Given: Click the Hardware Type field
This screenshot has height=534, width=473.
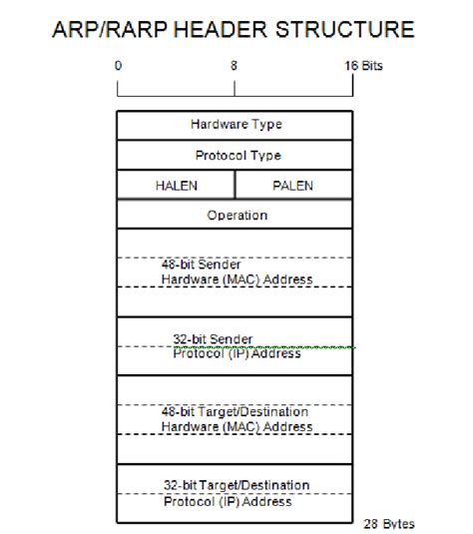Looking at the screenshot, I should coord(236,125).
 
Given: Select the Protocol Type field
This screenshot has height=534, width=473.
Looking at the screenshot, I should coord(236,155).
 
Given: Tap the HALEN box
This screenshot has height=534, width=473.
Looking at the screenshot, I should coord(177,186).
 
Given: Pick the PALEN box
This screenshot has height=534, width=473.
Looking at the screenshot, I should coord(293,186).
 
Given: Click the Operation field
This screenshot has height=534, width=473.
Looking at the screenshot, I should coord(236,215).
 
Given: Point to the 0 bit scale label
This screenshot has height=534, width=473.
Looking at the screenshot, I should coord(118,66).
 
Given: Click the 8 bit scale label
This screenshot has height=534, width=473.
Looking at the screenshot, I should coord(234,66).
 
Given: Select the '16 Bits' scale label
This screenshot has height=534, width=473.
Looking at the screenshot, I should coord(362,66).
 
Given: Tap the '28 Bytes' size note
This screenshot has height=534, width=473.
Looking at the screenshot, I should coord(389,523).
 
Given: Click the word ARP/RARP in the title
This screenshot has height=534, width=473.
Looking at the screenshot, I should coord(101,30).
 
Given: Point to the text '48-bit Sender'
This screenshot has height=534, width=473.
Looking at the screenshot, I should coord(201,265).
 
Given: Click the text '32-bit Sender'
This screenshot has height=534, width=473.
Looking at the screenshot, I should coord(213,338).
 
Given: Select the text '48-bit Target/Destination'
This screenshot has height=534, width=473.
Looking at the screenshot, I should coord(235,411).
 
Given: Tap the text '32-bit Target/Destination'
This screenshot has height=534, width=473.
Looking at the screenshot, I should coord(236,485).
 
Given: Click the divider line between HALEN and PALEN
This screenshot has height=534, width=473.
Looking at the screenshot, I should coord(236,186).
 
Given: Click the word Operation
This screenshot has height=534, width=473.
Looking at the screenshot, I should coord(236,215).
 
